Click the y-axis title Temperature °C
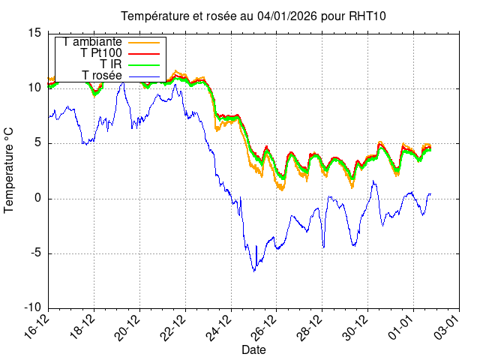(10, 169)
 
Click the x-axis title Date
(253, 350)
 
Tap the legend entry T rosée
(102, 75)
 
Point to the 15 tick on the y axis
(34, 33)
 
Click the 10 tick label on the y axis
(34, 88)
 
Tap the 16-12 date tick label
(37, 325)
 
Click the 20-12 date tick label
(129, 325)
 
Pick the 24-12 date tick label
(220, 325)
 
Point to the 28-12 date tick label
(311, 325)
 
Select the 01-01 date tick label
(403, 325)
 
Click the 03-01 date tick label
(448, 325)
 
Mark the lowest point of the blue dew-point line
(253, 271)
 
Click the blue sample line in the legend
(146, 75)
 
